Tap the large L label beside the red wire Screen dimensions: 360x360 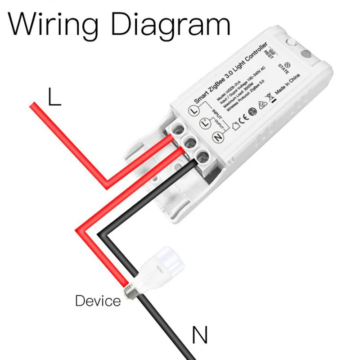tap(54, 97)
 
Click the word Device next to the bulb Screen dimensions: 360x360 tap(98, 300)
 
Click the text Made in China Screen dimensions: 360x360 tap(287, 84)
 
